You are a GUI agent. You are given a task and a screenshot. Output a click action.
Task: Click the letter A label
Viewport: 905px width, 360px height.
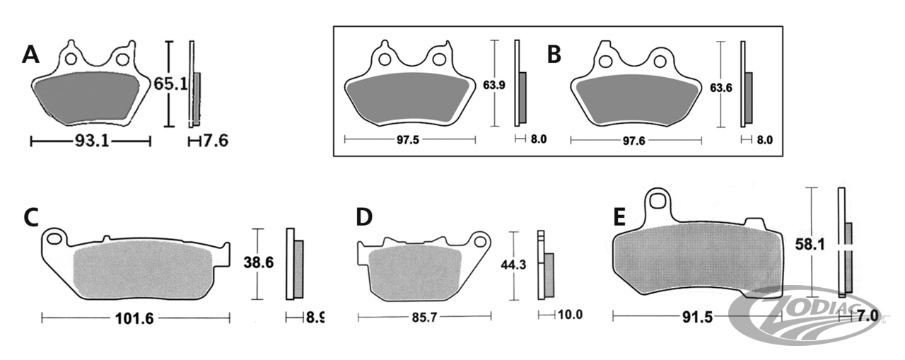pos(30,54)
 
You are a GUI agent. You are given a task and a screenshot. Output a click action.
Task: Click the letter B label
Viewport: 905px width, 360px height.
pos(554,54)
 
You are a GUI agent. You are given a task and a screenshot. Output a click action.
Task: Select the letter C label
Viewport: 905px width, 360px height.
pos(30,218)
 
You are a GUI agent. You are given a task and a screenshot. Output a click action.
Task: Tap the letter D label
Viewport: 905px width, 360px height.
pos(364,218)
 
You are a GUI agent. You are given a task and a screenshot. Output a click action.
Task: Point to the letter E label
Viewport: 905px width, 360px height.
pos(619,218)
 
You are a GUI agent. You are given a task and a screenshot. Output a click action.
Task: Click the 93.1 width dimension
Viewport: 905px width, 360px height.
pos(91,141)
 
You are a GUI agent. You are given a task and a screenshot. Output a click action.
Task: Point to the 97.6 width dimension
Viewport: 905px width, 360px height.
pos(633,140)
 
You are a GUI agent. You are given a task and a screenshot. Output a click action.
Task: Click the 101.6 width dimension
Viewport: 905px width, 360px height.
pos(134,318)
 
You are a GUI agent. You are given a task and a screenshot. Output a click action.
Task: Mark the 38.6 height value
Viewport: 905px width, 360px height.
pos(259,262)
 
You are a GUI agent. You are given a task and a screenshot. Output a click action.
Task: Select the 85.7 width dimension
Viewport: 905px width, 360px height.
pos(425,316)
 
